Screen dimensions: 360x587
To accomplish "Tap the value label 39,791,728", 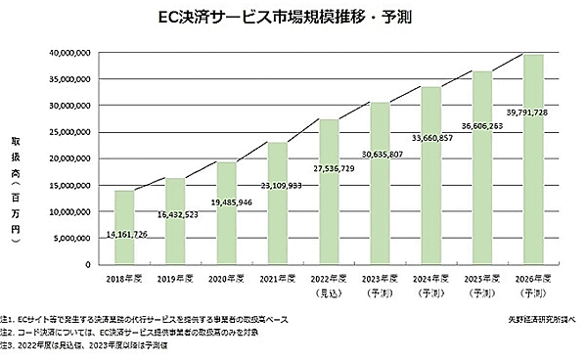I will [x=534, y=112].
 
